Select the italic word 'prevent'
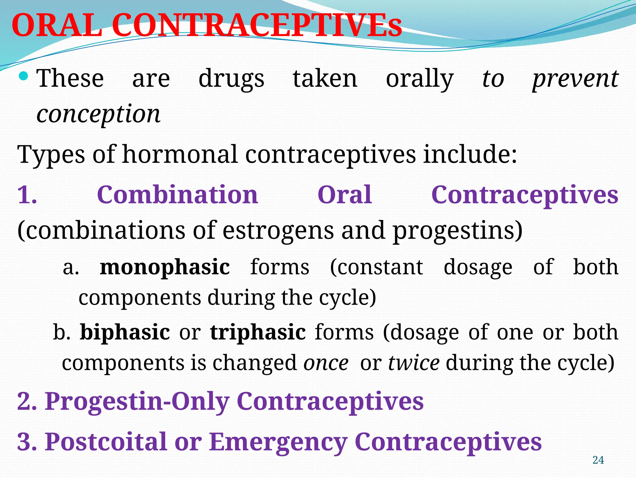click(x=575, y=79)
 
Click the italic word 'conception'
click(x=98, y=114)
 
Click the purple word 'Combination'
click(x=177, y=195)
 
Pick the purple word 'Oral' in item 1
click(x=345, y=195)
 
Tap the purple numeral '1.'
click(x=27, y=195)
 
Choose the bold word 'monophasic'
click(x=165, y=267)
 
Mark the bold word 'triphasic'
click(x=258, y=333)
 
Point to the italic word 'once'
click(x=326, y=363)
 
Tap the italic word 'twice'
click(x=414, y=363)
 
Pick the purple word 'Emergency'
click(x=278, y=442)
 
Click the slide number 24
click(x=598, y=460)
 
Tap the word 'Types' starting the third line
click(x=51, y=154)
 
